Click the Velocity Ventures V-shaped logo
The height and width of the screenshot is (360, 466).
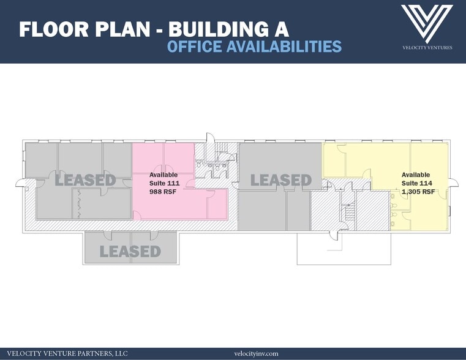[x=427, y=24]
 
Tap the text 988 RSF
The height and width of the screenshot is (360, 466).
[x=163, y=192]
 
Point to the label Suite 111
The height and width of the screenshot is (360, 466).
[x=164, y=183]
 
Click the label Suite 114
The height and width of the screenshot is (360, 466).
[x=417, y=183]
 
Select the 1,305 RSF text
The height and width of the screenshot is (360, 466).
[x=418, y=192]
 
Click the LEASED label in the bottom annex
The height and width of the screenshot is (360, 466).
[x=130, y=252]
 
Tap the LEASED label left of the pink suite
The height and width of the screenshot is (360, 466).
[x=85, y=180]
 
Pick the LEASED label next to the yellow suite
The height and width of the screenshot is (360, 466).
[x=281, y=180]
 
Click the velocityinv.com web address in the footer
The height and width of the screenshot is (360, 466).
[x=256, y=353]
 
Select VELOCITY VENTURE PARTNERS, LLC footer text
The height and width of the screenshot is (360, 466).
[x=67, y=353]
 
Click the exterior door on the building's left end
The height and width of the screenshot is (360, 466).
[x=21, y=183]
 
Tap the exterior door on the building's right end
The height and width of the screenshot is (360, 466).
[x=453, y=183]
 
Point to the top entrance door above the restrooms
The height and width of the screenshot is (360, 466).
[x=210, y=138]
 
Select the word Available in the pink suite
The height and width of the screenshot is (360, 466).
[x=163, y=174]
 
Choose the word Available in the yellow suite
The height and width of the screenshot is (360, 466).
[x=416, y=174]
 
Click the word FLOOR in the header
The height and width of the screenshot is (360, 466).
[x=54, y=29]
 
